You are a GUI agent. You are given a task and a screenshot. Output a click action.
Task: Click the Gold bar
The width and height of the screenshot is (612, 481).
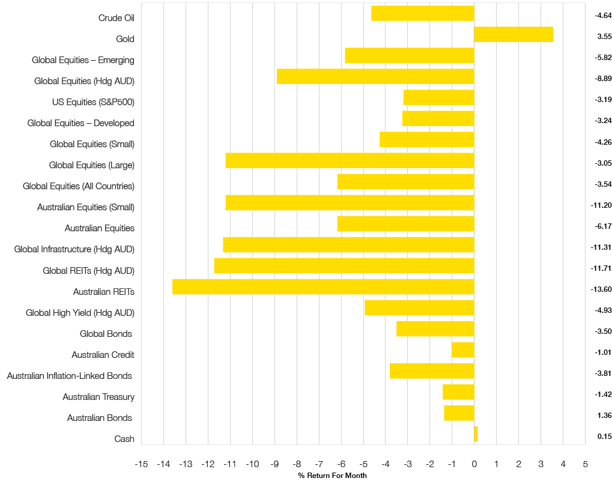click(514, 34)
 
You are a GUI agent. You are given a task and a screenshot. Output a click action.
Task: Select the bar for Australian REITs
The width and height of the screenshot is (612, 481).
click(323, 287)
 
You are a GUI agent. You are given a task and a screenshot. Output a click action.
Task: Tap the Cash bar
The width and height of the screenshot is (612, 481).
click(476, 434)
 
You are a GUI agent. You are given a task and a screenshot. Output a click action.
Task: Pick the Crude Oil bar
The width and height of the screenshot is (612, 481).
click(423, 13)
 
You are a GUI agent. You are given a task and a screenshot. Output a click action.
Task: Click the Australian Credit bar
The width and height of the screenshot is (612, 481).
click(463, 350)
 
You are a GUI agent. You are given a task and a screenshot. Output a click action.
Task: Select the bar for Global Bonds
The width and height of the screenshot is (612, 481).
click(435, 329)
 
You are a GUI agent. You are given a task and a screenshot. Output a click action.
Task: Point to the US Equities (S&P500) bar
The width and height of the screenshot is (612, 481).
click(439, 97)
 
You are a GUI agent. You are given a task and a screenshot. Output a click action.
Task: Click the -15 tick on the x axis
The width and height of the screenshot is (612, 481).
click(141, 464)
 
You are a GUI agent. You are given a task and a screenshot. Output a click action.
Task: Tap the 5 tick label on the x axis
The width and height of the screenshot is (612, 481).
click(585, 464)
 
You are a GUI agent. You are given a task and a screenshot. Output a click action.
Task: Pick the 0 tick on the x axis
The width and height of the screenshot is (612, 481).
click(474, 464)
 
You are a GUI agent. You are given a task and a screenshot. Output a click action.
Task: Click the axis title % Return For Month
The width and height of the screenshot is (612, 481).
click(332, 476)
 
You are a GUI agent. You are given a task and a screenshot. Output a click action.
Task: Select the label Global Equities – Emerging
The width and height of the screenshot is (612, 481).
click(83, 60)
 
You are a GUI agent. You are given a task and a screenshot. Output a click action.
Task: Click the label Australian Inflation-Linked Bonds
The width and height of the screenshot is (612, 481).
click(70, 376)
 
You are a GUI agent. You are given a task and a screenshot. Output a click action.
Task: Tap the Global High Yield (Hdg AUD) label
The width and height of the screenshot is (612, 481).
click(80, 313)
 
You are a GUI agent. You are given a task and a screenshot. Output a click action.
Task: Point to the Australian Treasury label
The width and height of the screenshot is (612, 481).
click(98, 397)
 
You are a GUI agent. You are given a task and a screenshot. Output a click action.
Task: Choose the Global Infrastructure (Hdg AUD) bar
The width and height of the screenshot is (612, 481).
click(348, 244)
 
